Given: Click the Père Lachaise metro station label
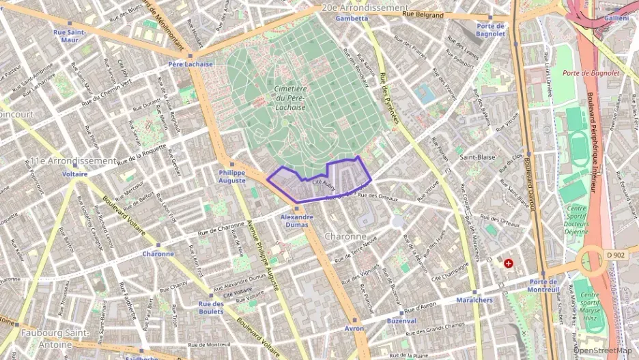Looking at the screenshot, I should pyautogui.click(x=190, y=64).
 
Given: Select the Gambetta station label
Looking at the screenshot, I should pyautogui.click(x=352, y=18).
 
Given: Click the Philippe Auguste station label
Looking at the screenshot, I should pyautogui.click(x=232, y=177).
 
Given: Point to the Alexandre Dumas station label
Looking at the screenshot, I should pyautogui.click(x=297, y=221).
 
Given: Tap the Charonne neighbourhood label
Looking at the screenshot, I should pyautogui.click(x=346, y=236).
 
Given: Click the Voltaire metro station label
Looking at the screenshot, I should pyautogui.click(x=74, y=174).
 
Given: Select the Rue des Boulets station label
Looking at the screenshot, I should pyautogui.click(x=211, y=307).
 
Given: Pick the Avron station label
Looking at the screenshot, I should pyautogui.click(x=354, y=328).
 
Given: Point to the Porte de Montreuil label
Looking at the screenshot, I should pyautogui.click(x=544, y=286).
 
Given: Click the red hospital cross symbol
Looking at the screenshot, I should pyautogui.click(x=509, y=263).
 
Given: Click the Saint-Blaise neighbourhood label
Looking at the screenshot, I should pyautogui.click(x=477, y=156).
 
